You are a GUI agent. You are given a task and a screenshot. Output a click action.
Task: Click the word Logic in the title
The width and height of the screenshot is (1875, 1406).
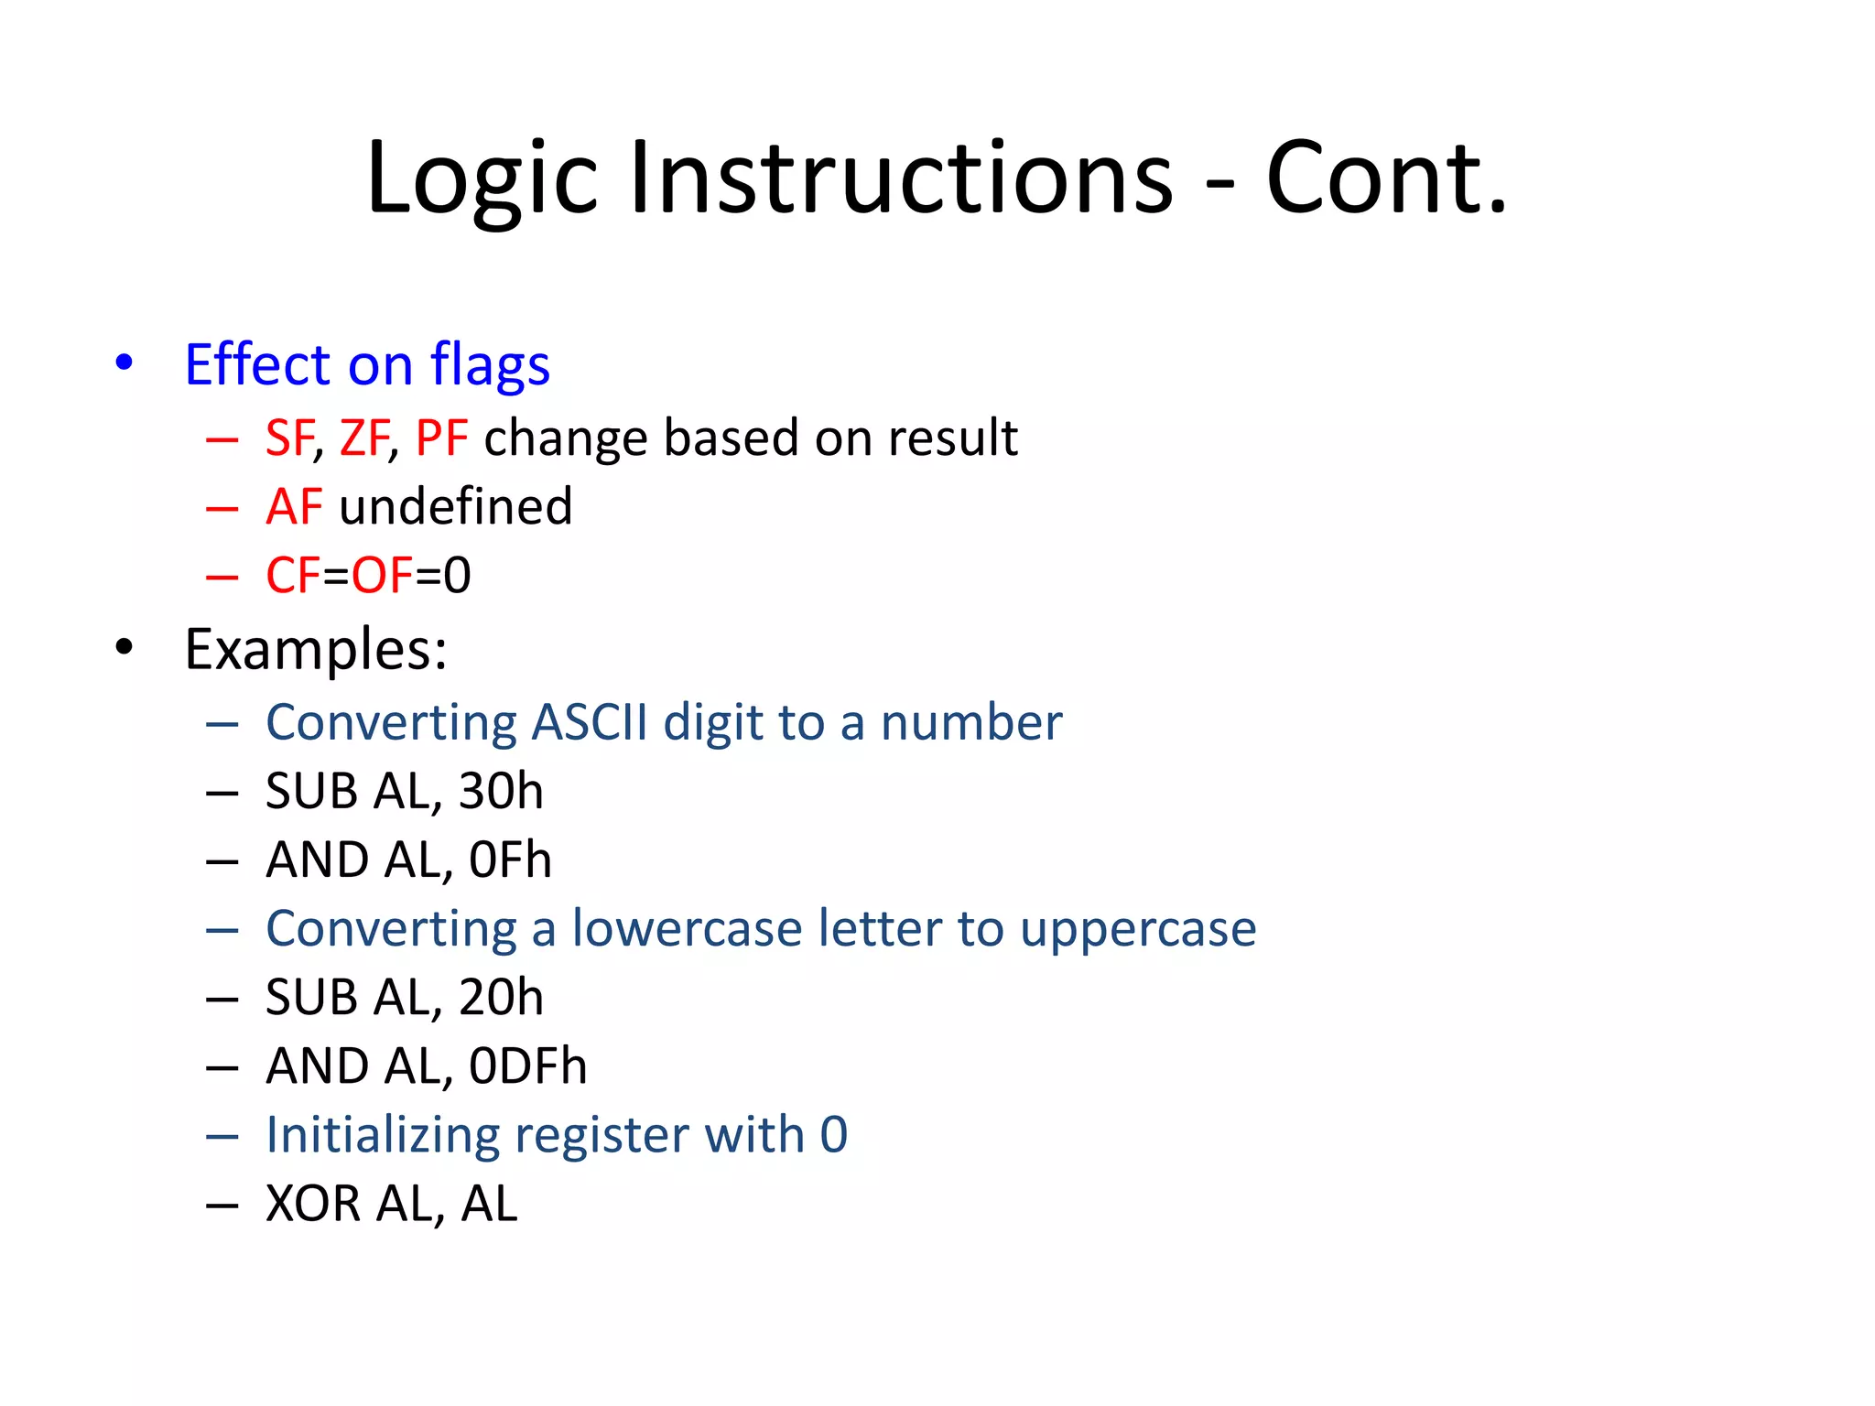pyautogui.click(x=482, y=178)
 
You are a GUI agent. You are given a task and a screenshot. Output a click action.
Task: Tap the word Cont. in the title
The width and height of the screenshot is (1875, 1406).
pyautogui.click(x=1385, y=178)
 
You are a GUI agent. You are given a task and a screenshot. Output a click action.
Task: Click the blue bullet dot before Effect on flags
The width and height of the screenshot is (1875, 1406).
pyautogui.click(x=124, y=362)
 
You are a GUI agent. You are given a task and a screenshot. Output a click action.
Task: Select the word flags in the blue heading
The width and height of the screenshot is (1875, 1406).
pyautogui.click(x=490, y=366)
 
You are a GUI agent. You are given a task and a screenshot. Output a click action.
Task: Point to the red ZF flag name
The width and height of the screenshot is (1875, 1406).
pyautogui.click(x=364, y=438)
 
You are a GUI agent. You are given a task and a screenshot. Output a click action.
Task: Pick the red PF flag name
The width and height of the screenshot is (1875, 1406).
pyautogui.click(x=441, y=438)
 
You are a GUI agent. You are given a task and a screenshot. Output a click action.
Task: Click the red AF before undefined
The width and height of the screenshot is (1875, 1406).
pyautogui.click(x=294, y=507)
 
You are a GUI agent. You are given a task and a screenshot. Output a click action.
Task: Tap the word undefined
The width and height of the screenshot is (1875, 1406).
pyautogui.click(x=455, y=507)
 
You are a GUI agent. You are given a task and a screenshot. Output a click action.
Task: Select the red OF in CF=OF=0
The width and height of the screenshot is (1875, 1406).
pyautogui.click(x=383, y=576)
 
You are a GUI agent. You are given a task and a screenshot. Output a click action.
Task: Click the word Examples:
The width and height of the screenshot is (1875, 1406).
pyautogui.click(x=316, y=650)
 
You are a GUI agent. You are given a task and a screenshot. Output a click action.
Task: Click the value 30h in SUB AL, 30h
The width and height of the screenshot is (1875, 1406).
pyautogui.click(x=500, y=792)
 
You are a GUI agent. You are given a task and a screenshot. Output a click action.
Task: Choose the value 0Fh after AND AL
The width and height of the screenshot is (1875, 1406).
pyautogui.click(x=510, y=860)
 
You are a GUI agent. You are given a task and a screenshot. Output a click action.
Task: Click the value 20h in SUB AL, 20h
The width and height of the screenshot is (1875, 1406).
pyautogui.click(x=500, y=998)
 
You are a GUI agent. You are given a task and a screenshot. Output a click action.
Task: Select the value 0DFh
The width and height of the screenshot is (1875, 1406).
pyautogui.click(x=527, y=1066)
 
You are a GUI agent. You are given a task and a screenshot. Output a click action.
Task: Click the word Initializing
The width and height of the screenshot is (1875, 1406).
pyautogui.click(x=382, y=1136)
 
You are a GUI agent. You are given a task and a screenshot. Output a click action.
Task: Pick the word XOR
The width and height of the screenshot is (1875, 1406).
pyautogui.click(x=313, y=1204)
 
